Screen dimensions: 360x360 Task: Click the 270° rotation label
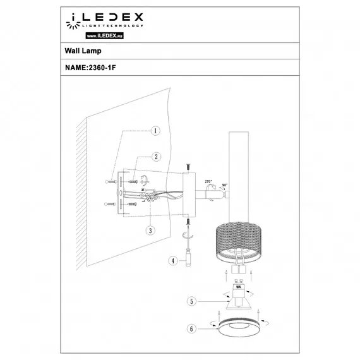tap(208, 182)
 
